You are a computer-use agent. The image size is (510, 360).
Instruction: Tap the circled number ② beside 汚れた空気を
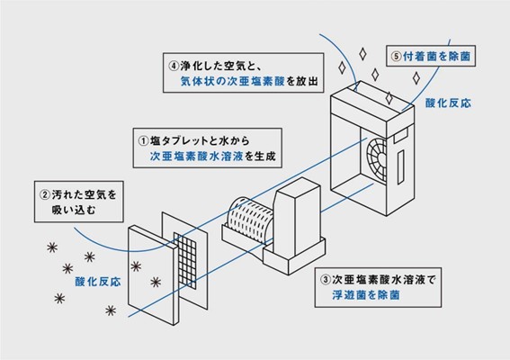[x=43, y=193]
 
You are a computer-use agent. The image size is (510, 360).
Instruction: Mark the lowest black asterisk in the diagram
[x=112, y=311]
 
